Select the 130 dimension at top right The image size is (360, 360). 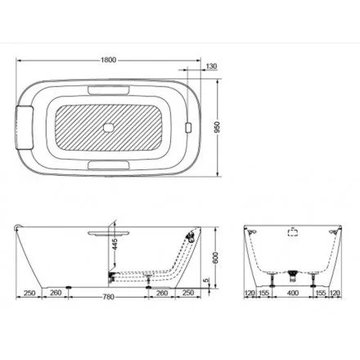[212, 65]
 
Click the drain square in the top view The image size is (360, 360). [110, 128]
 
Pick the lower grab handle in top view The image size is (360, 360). [110, 168]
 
